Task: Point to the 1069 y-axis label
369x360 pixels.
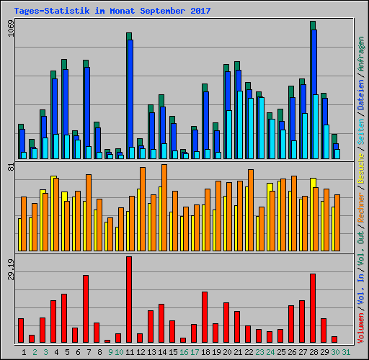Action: click(10, 32)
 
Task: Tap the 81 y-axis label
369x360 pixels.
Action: click(10, 167)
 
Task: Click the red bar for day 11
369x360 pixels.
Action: click(129, 300)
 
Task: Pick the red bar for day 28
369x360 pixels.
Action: click(313, 308)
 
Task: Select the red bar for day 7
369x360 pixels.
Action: click(86, 309)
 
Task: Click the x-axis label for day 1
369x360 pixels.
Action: click(24, 351)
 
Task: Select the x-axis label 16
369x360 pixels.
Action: click(184, 351)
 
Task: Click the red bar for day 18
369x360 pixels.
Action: click(205, 317)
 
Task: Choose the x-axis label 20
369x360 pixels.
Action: click(227, 351)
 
